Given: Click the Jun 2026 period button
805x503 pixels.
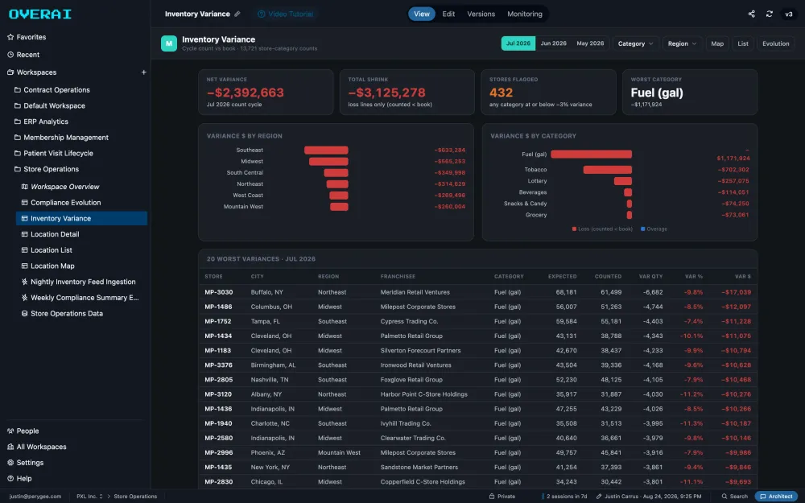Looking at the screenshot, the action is coord(554,43).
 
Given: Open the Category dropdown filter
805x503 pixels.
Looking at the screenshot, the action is coord(636,43).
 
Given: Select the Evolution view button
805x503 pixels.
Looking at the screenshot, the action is coord(775,43).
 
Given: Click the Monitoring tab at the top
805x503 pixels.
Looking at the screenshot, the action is coord(525,14).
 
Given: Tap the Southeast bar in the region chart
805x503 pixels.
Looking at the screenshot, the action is coord(326,150).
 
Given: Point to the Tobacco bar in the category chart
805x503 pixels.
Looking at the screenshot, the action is coord(607,170).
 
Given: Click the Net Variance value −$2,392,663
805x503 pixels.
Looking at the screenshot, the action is coord(246,93).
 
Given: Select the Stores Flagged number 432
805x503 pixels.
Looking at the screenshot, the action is coord(501,93).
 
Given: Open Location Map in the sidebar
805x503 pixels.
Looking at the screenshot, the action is coord(52,266).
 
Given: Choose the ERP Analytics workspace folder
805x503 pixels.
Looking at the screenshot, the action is coord(46,122).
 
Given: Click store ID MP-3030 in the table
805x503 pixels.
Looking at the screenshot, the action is coord(219,292).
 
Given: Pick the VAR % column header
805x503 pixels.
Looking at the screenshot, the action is coord(694,277).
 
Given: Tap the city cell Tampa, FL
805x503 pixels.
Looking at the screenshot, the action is coord(266,321).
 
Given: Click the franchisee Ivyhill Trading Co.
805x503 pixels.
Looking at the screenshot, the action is coord(406,423).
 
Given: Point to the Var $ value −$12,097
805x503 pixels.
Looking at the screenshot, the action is coord(737,307).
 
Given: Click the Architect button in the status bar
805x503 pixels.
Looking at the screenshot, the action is coord(776,497).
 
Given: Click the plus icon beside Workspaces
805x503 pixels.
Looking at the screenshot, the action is coord(144,72).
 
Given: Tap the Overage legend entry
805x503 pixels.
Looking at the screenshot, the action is coord(654,229).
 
